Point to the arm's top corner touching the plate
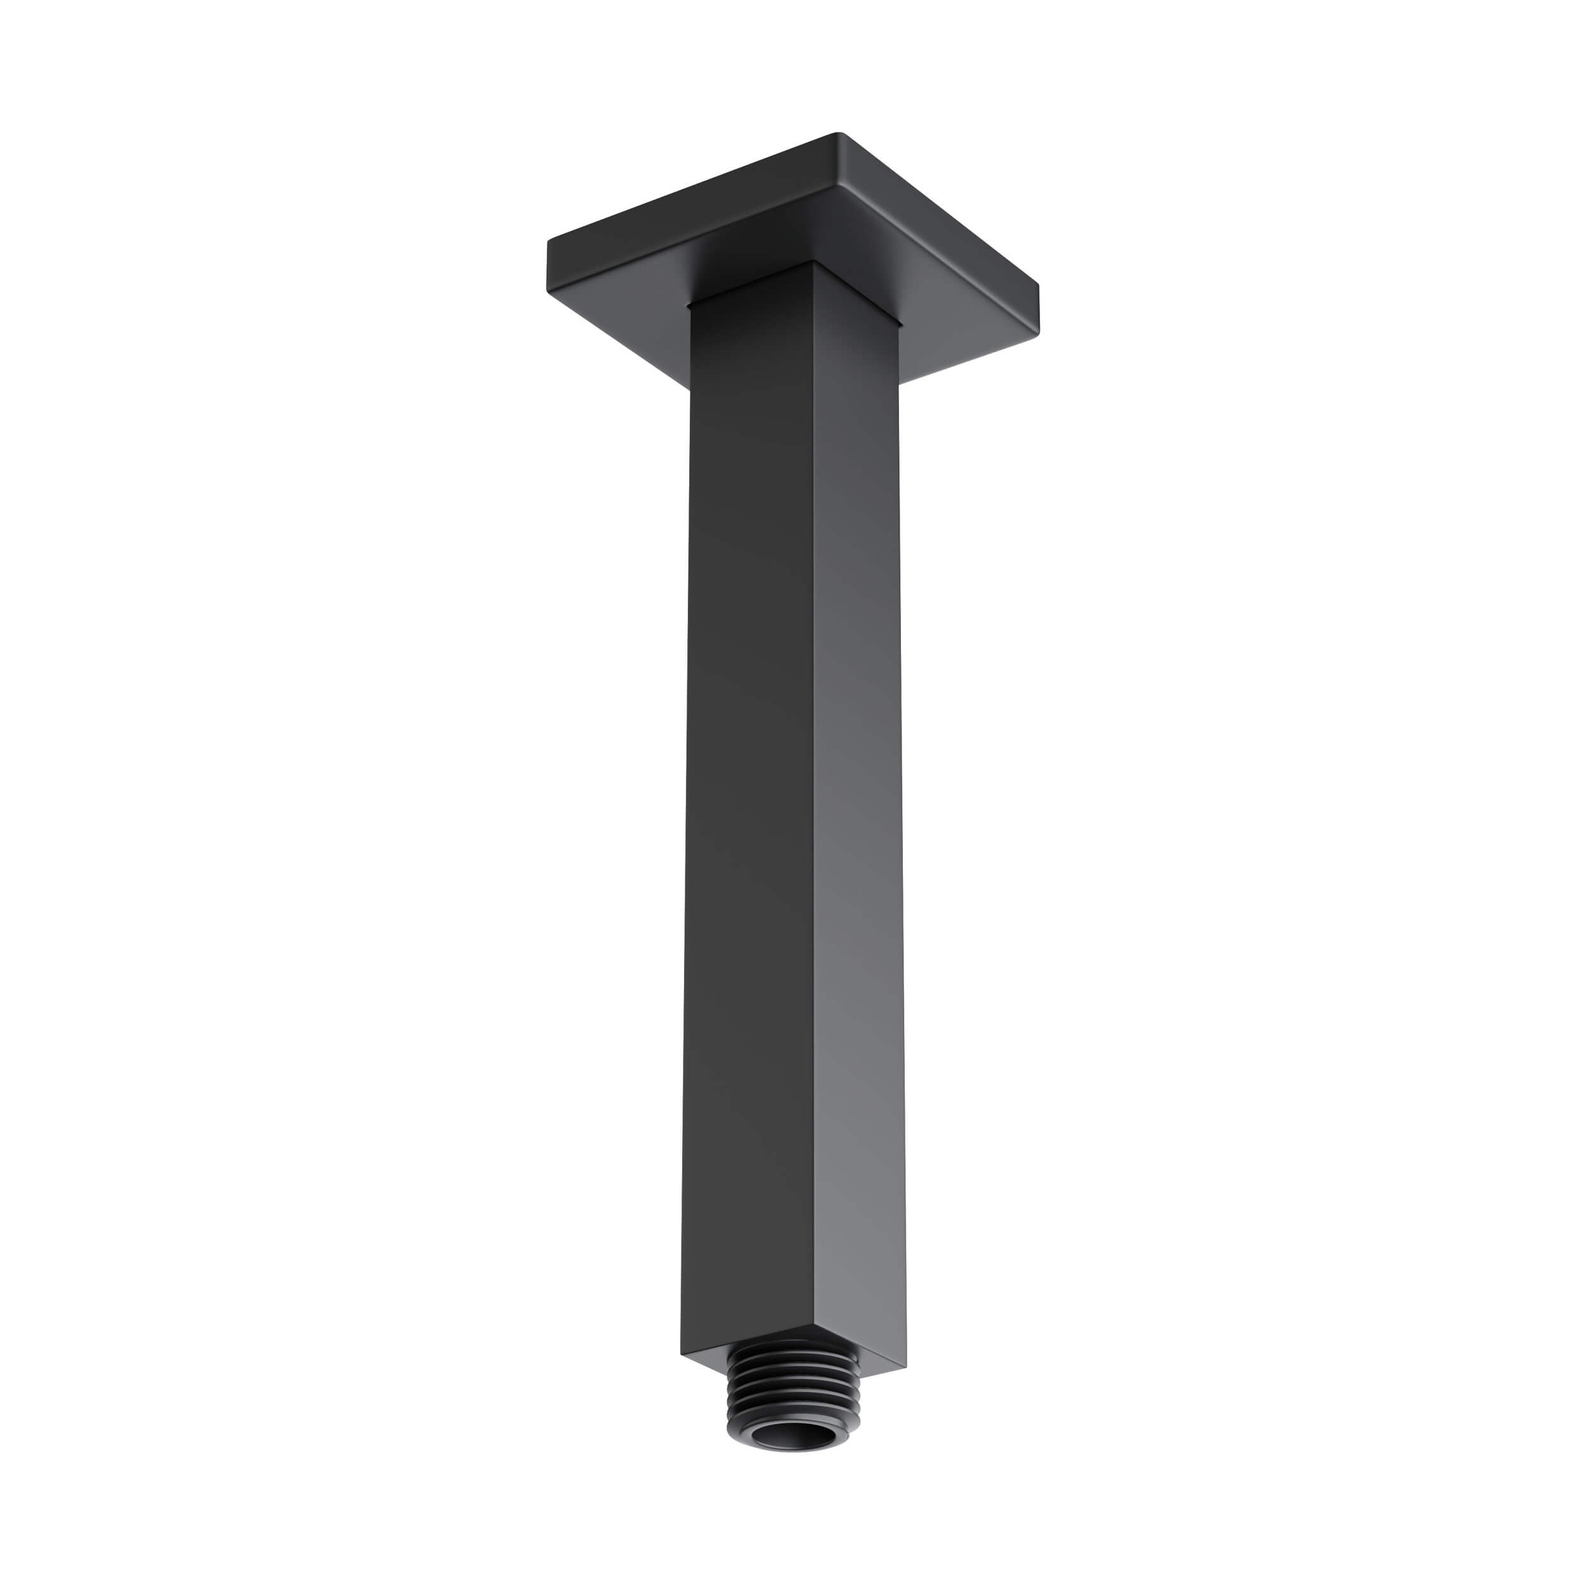[814, 264]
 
